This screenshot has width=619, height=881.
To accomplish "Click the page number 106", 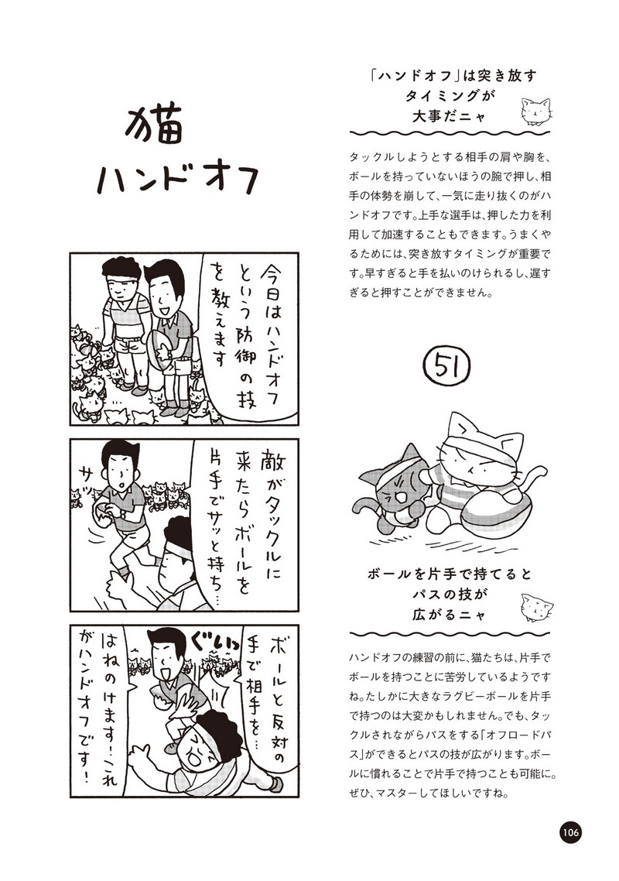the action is point(569,831).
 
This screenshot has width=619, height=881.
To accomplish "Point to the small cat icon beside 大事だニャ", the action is point(535,111).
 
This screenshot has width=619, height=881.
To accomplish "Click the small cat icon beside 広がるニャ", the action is point(537,607).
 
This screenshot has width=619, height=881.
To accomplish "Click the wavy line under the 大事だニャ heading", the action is point(450,134).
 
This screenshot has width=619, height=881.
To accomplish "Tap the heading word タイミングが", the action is point(450,95).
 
